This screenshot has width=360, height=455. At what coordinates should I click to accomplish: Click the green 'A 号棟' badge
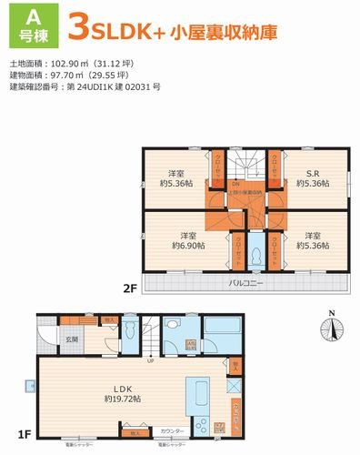click(27, 24)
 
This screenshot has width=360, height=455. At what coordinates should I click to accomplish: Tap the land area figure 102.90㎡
click(74, 64)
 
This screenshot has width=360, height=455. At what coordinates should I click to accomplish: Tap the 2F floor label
click(131, 288)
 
